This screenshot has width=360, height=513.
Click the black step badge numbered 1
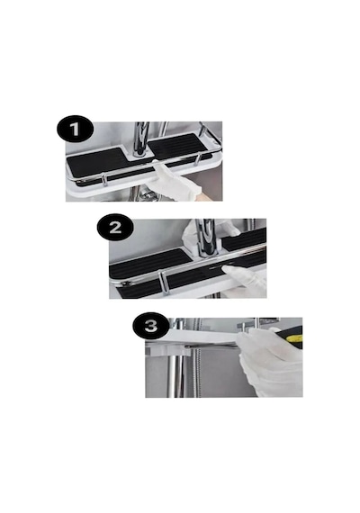pos(75,129)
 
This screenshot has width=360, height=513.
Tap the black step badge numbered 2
pos(115,227)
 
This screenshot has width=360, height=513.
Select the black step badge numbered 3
pos(151,326)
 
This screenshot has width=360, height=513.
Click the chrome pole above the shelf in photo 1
pos(141,139)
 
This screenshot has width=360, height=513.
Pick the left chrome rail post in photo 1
pos(104,180)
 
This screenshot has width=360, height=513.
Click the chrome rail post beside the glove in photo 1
pos(198,159)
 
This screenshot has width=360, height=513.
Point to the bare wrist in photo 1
pos(205,196)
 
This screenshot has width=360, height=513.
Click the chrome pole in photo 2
pos(205,237)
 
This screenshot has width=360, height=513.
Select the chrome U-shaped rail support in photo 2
pos(163,283)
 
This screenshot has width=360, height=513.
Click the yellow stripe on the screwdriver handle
pos(295,339)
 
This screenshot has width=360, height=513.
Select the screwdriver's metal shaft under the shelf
pos(212,346)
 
